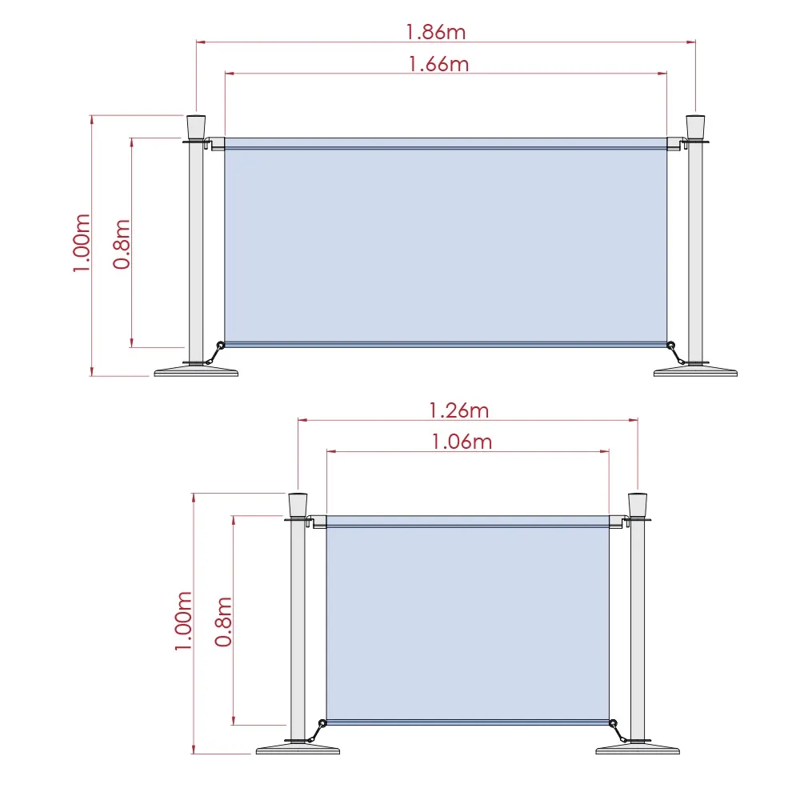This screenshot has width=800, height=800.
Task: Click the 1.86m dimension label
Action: pos(436,32)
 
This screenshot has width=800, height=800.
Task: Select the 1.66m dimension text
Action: pos(438,64)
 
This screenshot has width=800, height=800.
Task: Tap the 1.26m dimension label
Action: pos(458,410)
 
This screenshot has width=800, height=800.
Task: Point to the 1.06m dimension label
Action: pos(462,442)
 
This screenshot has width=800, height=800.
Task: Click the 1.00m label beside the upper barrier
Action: pos(82,243)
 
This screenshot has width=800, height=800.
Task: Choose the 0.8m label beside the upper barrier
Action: pos(122,244)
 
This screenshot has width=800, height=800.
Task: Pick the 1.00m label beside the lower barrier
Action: pos(183,621)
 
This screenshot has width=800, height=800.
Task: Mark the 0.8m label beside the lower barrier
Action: pos(223,622)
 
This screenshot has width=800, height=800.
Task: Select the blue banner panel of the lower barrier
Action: pos(468,620)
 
